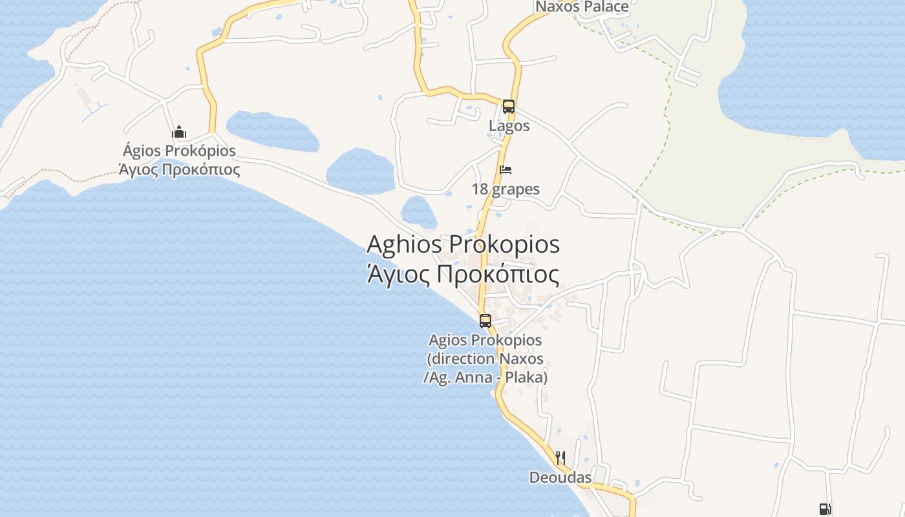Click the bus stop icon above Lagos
pyautogui.click(x=509, y=107)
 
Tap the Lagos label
pyautogui.click(x=509, y=126)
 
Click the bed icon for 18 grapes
pyautogui.click(x=506, y=170)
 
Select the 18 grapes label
pyautogui.click(x=506, y=189)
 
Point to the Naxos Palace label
pyautogui.click(x=582, y=7)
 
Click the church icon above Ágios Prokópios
pyautogui.click(x=179, y=132)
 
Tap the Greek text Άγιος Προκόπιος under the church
pyautogui.click(x=180, y=170)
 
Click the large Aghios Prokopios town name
pyautogui.click(x=463, y=245)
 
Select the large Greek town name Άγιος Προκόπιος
pyautogui.click(x=463, y=275)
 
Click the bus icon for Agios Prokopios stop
pyautogui.click(x=485, y=321)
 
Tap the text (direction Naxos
pyautogui.click(x=485, y=359)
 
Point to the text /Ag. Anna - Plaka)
pyautogui.click(x=485, y=377)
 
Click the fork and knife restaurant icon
pyautogui.click(x=560, y=458)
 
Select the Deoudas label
pyautogui.click(x=560, y=478)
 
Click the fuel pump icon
pyautogui.click(x=824, y=509)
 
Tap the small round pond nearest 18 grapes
pyautogui.click(x=418, y=212)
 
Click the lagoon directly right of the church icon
pyautogui.click(x=271, y=131)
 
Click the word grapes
pyautogui.click(x=515, y=189)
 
